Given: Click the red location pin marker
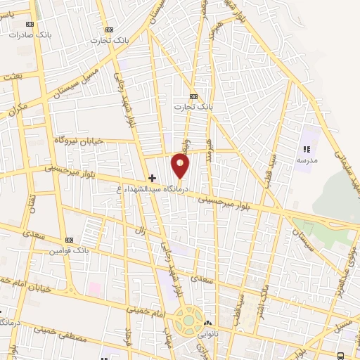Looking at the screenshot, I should [x=181, y=166].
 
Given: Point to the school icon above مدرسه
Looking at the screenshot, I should [x=306, y=149].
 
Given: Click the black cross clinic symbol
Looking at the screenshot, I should [x=152, y=178].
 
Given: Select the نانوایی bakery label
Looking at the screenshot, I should [x=211, y=333].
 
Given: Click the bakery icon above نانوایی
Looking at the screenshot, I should [x=208, y=323].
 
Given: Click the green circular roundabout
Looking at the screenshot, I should [x=188, y=321].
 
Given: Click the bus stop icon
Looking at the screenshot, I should [x=340, y=355].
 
